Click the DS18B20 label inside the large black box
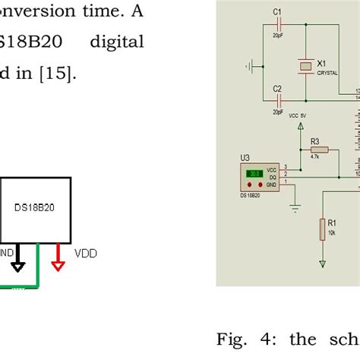(36, 207)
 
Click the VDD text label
(85, 253)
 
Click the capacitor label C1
(277, 12)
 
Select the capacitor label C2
(277, 88)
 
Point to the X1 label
(322, 63)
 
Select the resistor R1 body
(323, 227)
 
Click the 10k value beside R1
(332, 233)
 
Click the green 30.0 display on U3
(252, 174)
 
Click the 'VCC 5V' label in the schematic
(298, 115)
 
